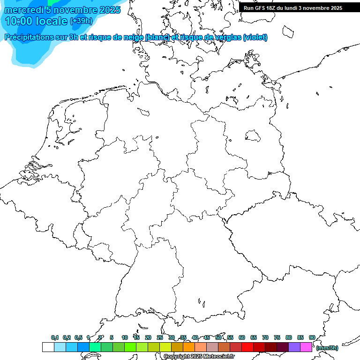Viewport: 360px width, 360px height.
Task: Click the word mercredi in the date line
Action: [23, 10]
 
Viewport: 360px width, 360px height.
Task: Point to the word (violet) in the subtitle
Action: [255, 37]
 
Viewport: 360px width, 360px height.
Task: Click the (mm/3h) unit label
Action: [327, 348]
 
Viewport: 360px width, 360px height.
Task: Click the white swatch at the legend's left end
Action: [48, 347]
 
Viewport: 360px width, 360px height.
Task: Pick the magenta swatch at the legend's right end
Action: [306, 347]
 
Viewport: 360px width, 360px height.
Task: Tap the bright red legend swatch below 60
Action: [247, 347]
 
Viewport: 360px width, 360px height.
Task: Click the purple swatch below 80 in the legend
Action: [294, 347]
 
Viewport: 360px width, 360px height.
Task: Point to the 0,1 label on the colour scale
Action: [55, 337]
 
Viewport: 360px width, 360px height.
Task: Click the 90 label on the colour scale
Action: [312, 337]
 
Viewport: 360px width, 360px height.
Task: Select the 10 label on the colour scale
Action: [125, 337]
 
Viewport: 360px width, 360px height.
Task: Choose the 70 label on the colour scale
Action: [265, 337]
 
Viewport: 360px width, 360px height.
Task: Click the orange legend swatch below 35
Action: [189, 347]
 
